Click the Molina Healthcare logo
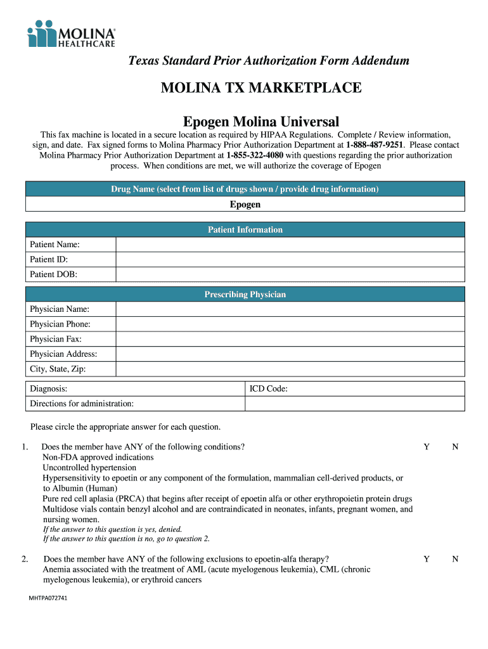71,33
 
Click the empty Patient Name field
290,245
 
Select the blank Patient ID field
290,259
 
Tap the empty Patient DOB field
290,274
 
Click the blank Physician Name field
290,309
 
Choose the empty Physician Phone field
290,324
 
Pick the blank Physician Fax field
290,339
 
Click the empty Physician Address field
290,354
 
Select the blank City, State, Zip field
290,369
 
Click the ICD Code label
269,389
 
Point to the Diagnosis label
49,389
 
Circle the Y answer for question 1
427,447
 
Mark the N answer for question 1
455,447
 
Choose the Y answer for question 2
427,559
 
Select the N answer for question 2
455,559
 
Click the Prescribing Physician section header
245,295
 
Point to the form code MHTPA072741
48,598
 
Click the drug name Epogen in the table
245,205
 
